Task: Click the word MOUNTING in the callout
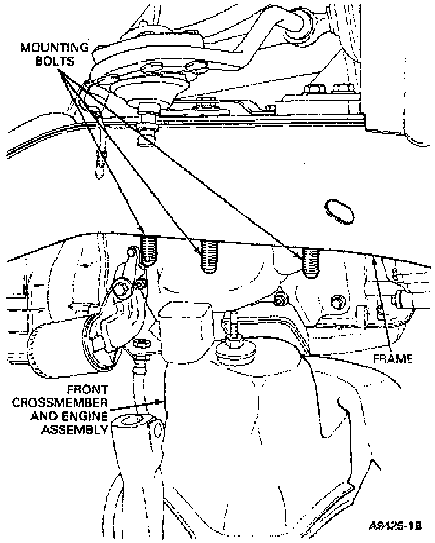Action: point(54,48)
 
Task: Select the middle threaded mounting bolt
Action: point(208,256)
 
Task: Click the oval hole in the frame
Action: point(337,211)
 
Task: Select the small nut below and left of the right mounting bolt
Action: point(280,300)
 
